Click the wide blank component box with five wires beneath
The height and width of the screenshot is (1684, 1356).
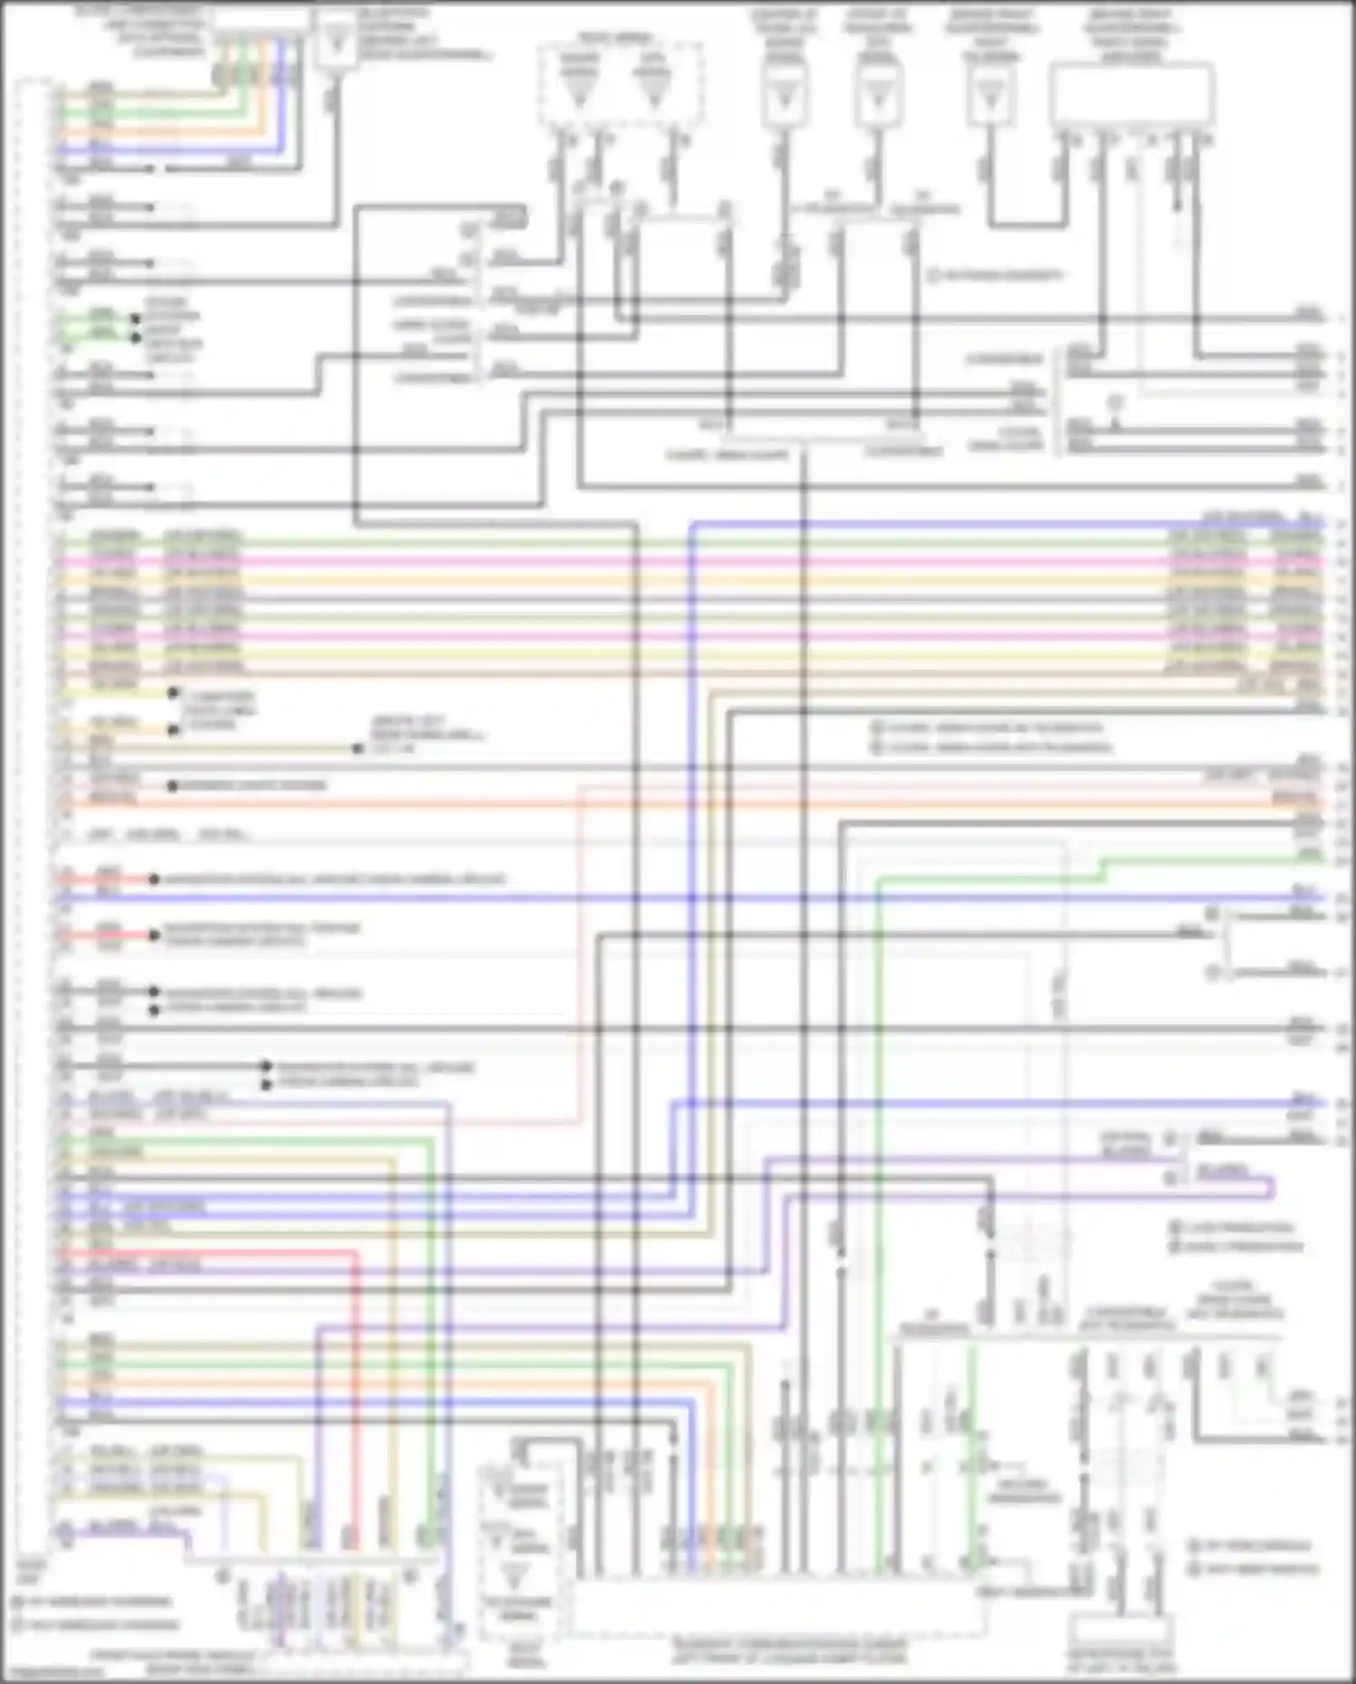pos(1131,93)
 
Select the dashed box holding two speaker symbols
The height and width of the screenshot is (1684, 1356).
pos(621,84)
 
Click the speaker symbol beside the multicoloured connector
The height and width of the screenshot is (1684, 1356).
pos(336,42)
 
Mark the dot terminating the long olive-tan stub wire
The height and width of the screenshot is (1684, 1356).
pos(358,748)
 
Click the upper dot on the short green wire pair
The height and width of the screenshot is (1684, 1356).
pos(136,319)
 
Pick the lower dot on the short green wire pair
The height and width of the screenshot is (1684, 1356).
pos(136,338)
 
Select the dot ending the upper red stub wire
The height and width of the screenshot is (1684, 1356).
pos(154,879)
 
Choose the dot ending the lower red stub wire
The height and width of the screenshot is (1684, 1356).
pos(154,935)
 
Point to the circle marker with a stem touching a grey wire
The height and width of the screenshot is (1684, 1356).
pos(1116,402)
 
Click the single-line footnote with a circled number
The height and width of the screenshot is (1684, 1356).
pos(996,275)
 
